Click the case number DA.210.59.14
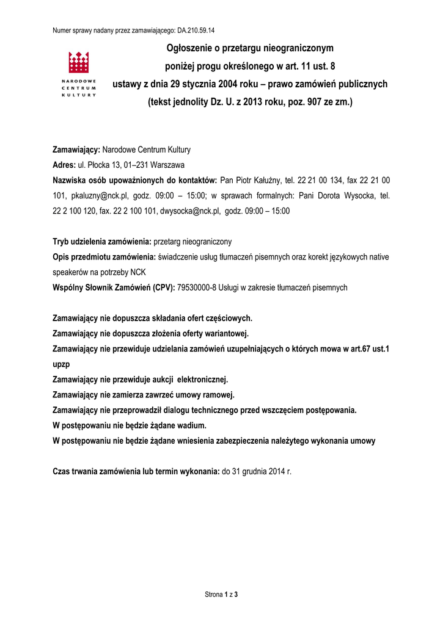(x=200, y=30)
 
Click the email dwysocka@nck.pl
(x=189, y=211)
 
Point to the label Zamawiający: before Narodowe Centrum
(x=77, y=150)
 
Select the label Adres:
(x=64, y=165)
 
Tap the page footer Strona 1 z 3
(x=221, y=593)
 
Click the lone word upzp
(x=62, y=364)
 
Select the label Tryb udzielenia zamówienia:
(x=102, y=242)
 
